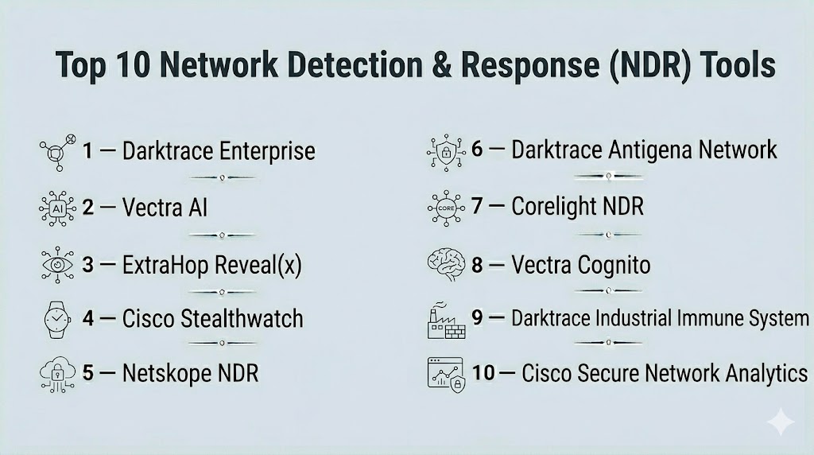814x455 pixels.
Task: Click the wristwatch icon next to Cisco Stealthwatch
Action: [55, 319]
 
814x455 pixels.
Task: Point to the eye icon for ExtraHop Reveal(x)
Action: [55, 263]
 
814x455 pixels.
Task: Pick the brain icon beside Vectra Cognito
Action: [445, 264]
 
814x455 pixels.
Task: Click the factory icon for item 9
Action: [445, 321]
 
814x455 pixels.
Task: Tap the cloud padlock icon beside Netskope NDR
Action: [55, 374]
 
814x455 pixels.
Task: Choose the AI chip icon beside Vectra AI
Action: [55, 208]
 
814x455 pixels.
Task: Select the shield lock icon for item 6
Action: [445, 150]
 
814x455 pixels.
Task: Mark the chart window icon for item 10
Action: [445, 372]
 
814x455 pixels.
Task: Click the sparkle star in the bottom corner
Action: [781, 422]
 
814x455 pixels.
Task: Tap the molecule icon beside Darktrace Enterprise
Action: [56, 151]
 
